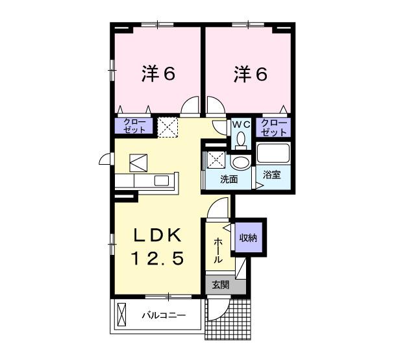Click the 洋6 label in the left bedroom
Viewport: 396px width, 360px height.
[158, 75]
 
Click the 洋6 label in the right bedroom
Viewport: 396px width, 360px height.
[250, 75]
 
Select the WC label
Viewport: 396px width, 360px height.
[241, 124]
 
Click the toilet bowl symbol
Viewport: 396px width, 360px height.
[241, 138]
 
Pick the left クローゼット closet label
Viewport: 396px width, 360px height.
[134, 126]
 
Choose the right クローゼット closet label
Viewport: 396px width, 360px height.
[273, 126]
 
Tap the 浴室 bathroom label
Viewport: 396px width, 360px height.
[272, 175]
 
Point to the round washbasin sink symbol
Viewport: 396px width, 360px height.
[240, 162]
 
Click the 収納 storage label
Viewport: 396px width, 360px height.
[248, 238]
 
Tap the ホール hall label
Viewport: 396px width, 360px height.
[217, 250]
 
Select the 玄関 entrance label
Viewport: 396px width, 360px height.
[219, 284]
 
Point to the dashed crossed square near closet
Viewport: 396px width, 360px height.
[168, 126]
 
